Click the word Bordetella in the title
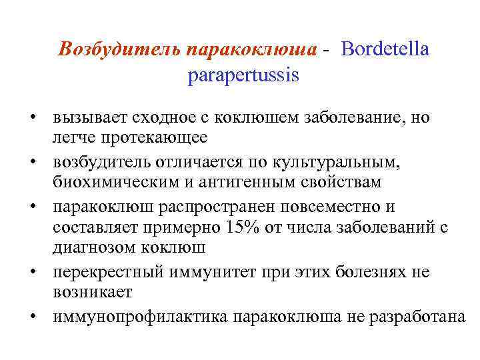click(x=386, y=50)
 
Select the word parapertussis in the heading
click(x=243, y=75)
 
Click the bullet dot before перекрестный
click(x=32, y=273)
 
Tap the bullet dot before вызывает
click(x=32, y=119)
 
